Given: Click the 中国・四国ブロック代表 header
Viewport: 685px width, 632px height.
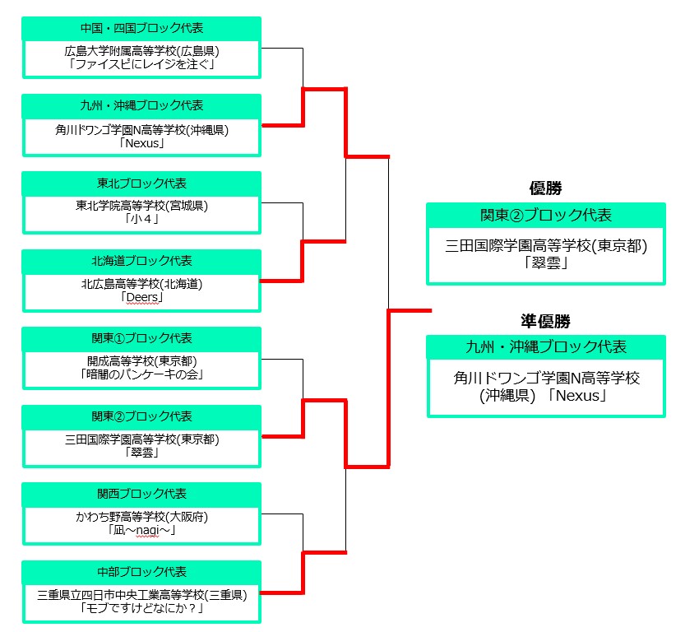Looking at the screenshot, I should [141, 28].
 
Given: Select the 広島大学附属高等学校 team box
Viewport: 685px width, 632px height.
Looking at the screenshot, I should [141, 57].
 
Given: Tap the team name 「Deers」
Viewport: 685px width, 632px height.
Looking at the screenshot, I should [141, 297].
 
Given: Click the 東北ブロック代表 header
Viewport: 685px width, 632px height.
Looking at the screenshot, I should [141, 184].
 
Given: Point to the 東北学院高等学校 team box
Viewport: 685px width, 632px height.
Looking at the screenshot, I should [141, 212].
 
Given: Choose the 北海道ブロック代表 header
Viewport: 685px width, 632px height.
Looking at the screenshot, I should [141, 261].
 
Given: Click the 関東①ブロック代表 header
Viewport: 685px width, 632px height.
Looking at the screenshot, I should [141, 339].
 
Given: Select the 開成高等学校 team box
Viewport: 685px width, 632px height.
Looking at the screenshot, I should [141, 368].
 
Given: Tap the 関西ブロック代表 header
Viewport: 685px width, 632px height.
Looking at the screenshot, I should [141, 495].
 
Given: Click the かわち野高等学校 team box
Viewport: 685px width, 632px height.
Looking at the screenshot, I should [141, 523].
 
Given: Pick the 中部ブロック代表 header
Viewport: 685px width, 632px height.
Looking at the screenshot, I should [141, 572].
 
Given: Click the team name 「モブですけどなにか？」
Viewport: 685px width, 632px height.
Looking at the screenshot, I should [141, 609].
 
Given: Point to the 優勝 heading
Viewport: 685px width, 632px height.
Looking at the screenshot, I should [545, 188].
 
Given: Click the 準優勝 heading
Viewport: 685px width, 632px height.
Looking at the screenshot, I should [545, 322].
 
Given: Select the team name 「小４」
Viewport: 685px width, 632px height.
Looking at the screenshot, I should [141, 220].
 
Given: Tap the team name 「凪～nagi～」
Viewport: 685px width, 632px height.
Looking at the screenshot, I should [141, 531].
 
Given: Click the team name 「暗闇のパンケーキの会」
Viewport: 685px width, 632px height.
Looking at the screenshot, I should [141, 375].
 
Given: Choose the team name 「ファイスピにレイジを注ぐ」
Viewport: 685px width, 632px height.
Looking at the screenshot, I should [141, 64].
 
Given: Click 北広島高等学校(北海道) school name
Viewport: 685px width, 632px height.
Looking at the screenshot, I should [141, 285].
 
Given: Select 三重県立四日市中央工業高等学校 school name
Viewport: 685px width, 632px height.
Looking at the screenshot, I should [141, 595].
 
